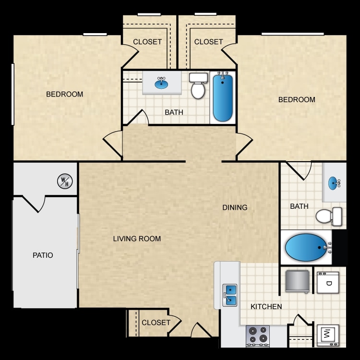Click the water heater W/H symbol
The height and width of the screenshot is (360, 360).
point(65,181)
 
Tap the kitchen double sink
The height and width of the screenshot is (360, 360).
point(230,295)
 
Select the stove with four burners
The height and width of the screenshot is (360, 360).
point(258,336)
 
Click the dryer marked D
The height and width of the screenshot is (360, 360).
point(328,283)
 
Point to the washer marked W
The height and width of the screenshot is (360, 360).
point(328,335)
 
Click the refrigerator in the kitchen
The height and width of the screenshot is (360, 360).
point(297,281)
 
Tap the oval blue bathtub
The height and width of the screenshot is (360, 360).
point(306,247)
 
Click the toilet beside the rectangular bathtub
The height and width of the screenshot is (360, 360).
point(198,86)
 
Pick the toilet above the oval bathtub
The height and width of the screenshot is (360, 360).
point(329,216)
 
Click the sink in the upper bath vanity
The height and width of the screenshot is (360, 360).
point(161,83)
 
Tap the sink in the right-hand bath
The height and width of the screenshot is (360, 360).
point(334,183)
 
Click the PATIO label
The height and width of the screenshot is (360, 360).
point(43,255)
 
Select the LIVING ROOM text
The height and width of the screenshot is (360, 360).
point(137,239)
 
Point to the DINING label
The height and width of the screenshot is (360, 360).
point(235,207)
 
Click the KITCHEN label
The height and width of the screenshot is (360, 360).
point(266,307)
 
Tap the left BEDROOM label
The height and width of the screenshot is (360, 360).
point(64,94)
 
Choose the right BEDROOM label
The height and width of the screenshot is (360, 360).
point(297,100)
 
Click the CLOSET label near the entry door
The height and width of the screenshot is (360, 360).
point(156,323)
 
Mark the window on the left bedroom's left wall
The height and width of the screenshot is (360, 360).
point(13,95)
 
